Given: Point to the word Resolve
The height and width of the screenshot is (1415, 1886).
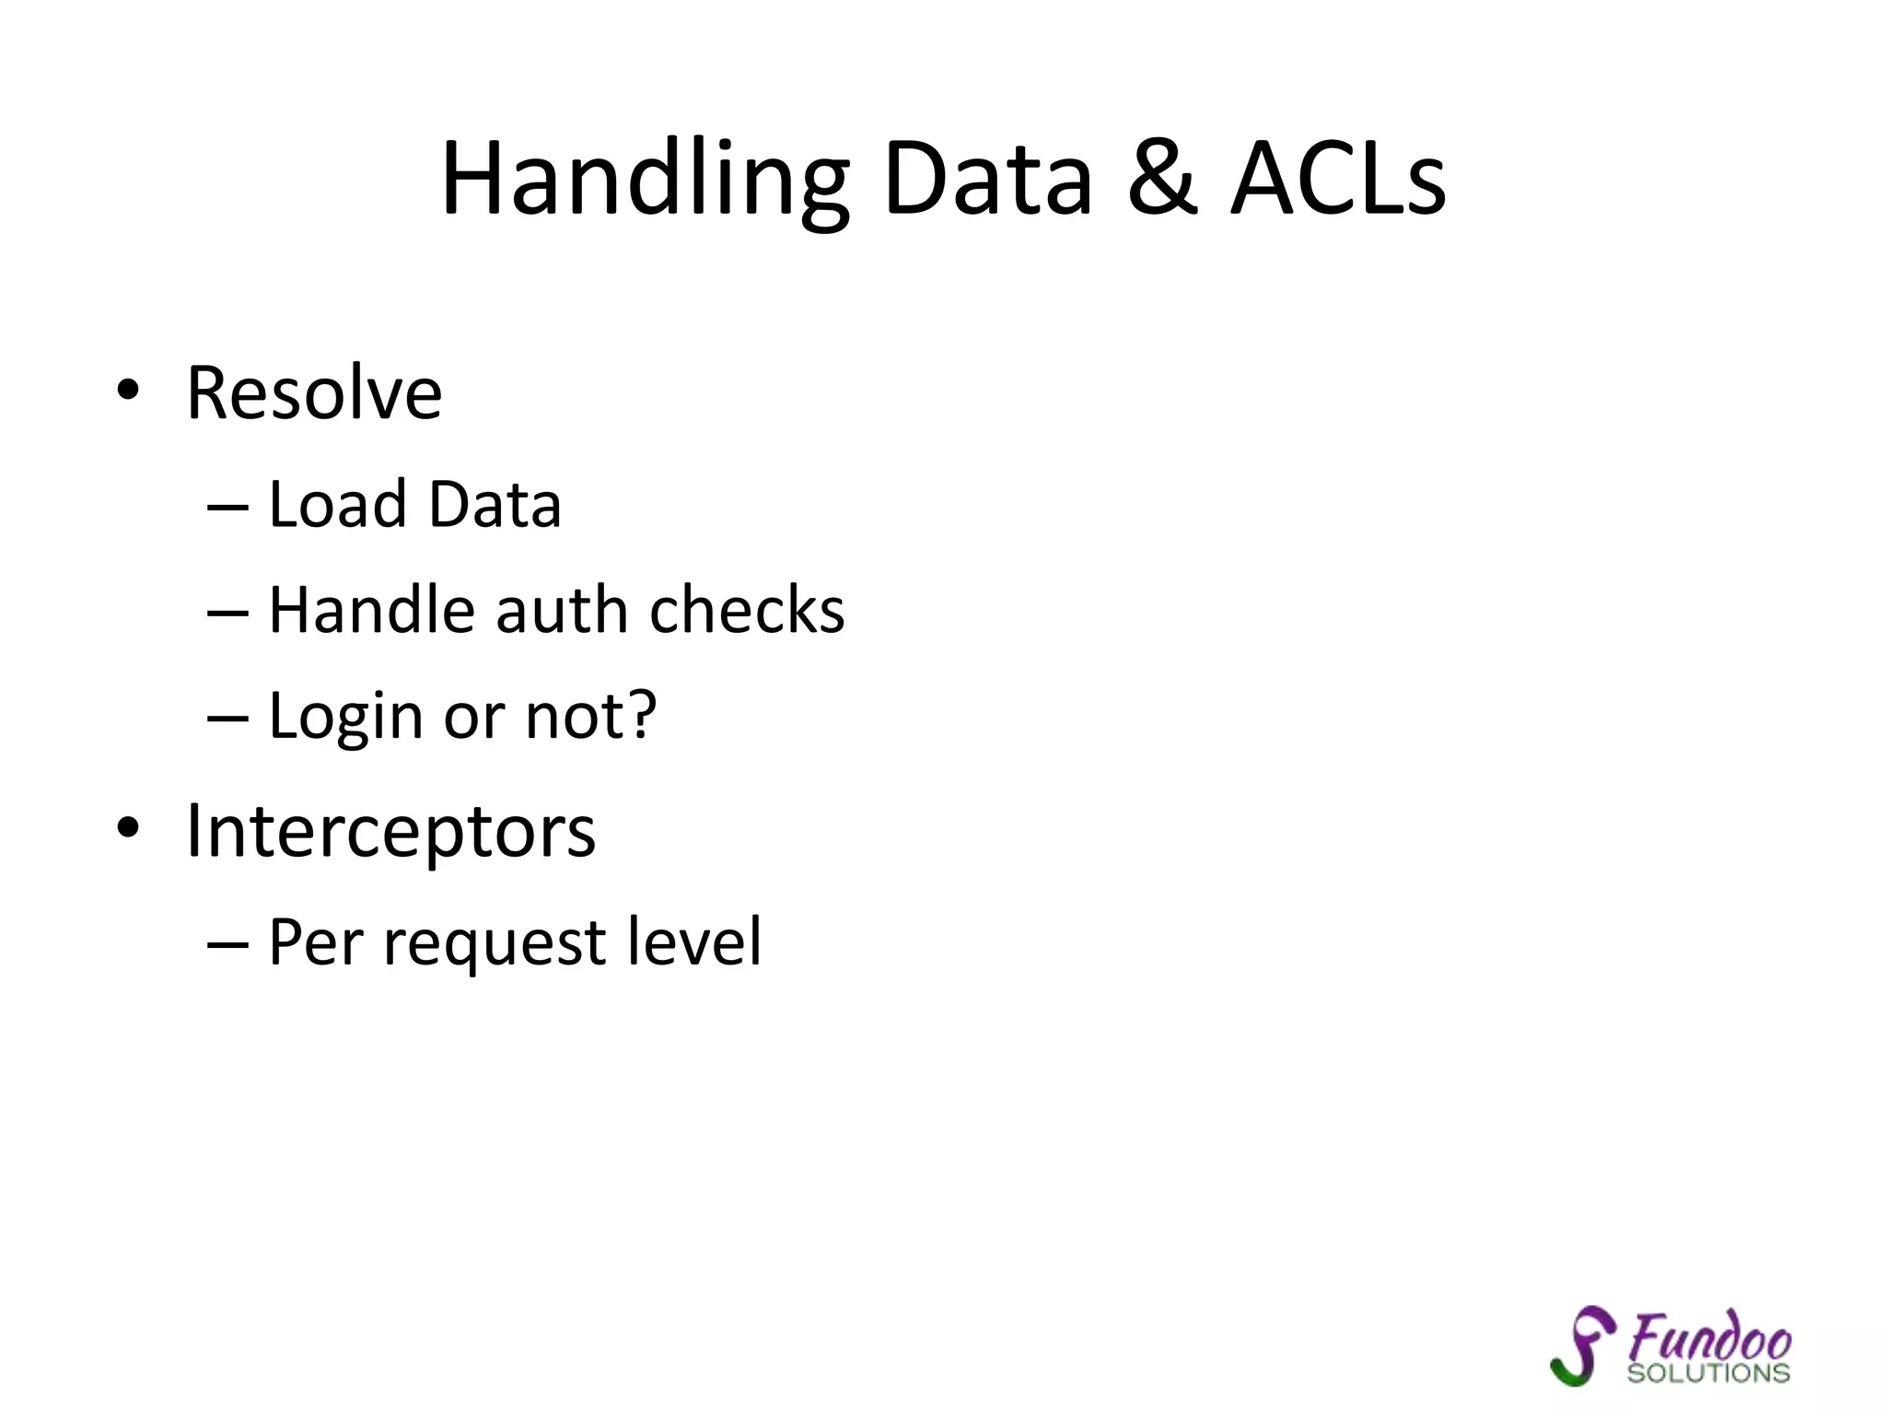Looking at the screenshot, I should pos(314,393).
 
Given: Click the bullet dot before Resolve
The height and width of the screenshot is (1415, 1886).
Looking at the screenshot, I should pos(128,391).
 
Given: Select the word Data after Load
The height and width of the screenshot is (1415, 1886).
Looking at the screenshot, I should pos(495,505).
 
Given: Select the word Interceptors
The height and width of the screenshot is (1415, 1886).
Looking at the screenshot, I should pos(390,832).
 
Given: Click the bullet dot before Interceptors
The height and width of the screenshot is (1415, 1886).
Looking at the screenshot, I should pos(128,827).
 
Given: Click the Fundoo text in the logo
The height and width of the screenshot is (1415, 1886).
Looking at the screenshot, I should pos(1709,1338).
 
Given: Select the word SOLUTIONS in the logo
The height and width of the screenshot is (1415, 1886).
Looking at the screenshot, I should pos(1708,1374).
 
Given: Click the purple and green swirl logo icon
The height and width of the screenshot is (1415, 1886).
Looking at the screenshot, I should pos(1582,1345).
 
